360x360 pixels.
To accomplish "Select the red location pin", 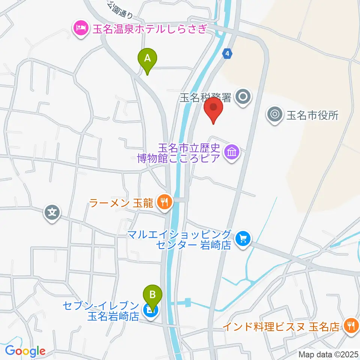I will [214, 108].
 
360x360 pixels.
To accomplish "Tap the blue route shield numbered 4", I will [227, 54].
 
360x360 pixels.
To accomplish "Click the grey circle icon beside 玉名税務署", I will [243, 97].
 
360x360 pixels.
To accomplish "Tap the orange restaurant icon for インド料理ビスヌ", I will [351, 325].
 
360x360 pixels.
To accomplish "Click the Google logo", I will [25, 351].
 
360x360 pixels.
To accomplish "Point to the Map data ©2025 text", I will [328, 354].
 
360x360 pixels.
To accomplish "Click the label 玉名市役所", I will [312, 115].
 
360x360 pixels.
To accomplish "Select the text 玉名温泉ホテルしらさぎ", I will [149, 28].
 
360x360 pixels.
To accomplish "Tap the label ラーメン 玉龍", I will [121, 203].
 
